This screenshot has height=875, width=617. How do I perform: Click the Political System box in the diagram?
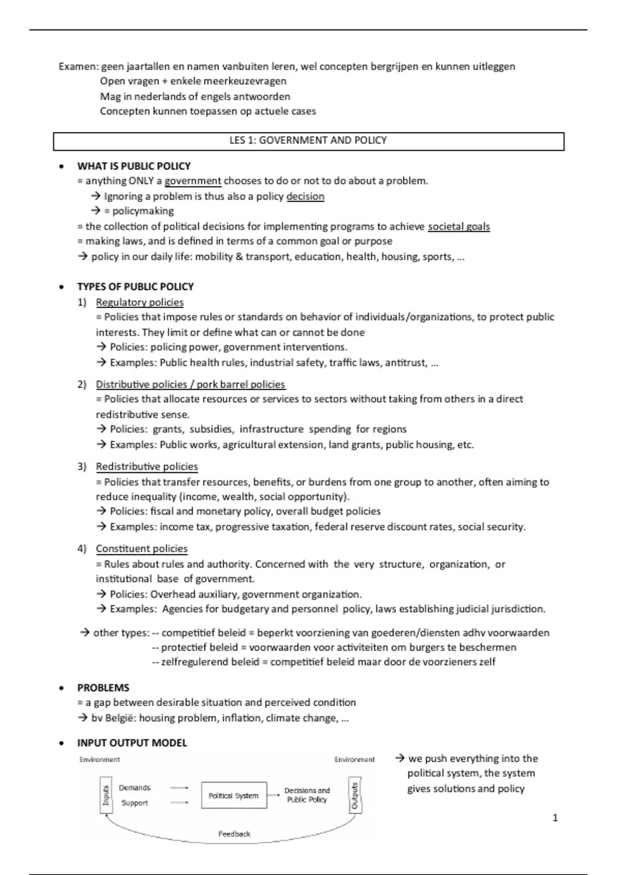234,795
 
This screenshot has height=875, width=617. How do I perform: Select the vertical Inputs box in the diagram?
106,795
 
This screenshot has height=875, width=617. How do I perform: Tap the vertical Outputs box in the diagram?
355,795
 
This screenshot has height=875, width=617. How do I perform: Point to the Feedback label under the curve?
234,834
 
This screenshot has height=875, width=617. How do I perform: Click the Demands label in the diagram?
135,787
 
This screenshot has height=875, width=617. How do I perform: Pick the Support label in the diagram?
135,803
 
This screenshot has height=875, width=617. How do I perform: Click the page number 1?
555,818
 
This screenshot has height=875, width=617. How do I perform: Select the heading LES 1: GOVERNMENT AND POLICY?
308,141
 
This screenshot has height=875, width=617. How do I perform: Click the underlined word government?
193,181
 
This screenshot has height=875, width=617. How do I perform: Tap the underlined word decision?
305,196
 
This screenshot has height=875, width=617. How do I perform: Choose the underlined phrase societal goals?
459,226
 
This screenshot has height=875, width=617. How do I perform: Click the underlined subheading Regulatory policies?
140,302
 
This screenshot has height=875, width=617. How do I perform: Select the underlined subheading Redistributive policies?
147,466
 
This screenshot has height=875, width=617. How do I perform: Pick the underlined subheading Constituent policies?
142,549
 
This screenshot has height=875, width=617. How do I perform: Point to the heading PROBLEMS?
103,688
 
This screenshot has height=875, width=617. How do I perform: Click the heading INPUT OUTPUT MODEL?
132,743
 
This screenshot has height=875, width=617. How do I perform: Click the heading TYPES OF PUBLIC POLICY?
136,287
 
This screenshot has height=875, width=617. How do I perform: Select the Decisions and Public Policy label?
307,795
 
